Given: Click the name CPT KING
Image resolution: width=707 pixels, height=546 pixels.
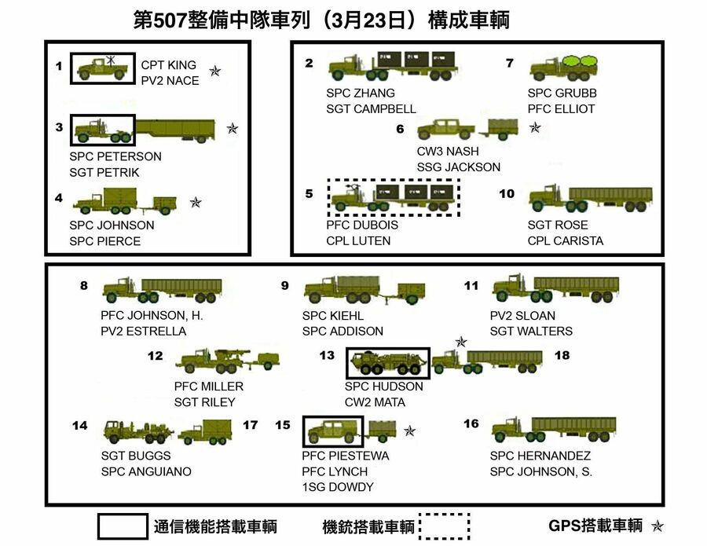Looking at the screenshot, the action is (168, 65).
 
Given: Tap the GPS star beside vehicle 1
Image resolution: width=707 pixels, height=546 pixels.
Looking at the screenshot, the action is (215, 71).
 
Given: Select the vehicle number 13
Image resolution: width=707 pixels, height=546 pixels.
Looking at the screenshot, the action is (327, 355).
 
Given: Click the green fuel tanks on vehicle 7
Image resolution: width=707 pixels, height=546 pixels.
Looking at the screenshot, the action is (581, 60).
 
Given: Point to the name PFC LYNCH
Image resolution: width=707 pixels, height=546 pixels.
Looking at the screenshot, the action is (335, 471).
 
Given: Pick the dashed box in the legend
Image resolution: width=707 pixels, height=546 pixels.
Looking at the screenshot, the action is (445, 526).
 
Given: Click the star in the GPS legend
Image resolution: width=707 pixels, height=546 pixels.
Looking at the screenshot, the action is (658, 526).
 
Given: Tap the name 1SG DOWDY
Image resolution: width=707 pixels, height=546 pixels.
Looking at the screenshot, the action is (338, 487).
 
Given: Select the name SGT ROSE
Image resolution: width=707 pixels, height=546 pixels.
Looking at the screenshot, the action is (557, 225).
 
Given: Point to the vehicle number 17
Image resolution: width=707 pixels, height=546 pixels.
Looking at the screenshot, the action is (251, 425).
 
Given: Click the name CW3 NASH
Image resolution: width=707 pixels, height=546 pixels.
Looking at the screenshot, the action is (447, 151).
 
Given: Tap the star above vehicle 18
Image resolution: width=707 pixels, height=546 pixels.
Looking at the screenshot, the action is (461, 342).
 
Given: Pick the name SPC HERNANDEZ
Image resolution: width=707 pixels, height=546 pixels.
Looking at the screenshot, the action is (540, 456).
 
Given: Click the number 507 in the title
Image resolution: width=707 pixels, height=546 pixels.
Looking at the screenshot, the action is (170, 20).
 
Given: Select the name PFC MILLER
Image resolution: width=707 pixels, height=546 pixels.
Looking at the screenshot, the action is (209, 387).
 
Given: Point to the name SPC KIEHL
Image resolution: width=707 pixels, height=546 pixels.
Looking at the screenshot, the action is (333, 316).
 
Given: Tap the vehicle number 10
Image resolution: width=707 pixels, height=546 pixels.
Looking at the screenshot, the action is (507, 193).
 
